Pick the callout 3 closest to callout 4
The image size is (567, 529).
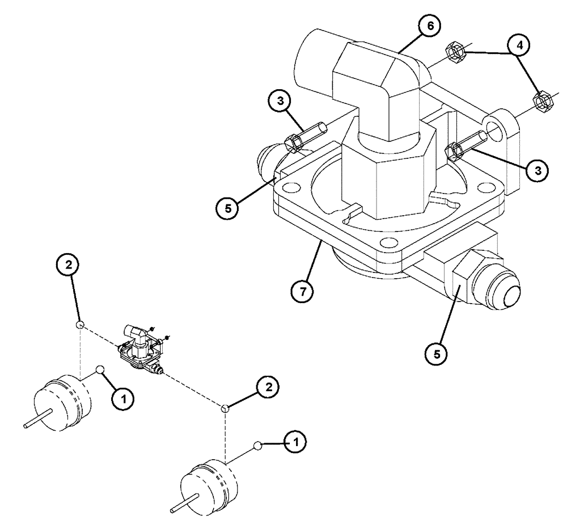pos(536,170)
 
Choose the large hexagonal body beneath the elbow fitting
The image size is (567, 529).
pos(386,176)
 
